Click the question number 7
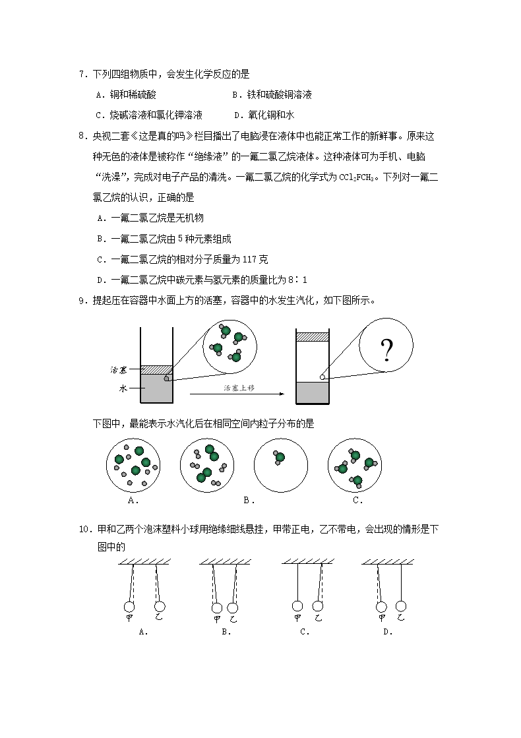[82, 75]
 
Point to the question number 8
[82, 137]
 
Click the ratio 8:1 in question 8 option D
[296, 280]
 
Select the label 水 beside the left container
[123, 388]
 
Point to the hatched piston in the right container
[312, 337]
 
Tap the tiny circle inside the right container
[322, 377]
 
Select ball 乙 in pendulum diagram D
[400, 605]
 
